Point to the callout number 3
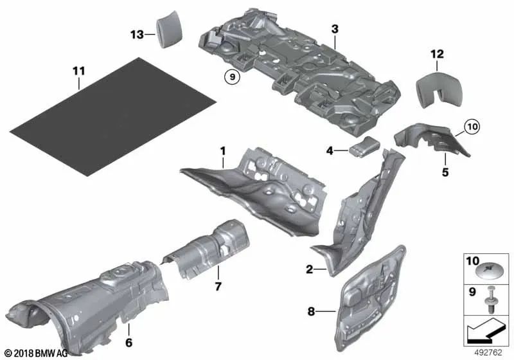click(335, 28)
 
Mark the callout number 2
click(309, 270)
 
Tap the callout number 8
click(311, 312)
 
